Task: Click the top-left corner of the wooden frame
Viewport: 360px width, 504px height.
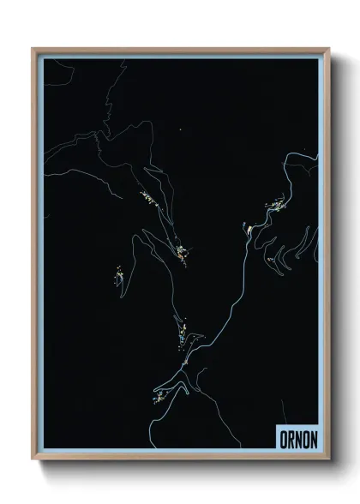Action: click(x=33, y=49)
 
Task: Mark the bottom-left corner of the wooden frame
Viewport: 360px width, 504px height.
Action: click(x=33, y=459)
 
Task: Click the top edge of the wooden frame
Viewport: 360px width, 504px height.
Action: click(x=180, y=49)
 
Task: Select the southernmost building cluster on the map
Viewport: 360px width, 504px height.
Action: click(x=161, y=395)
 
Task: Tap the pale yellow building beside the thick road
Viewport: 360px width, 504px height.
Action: click(x=248, y=229)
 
